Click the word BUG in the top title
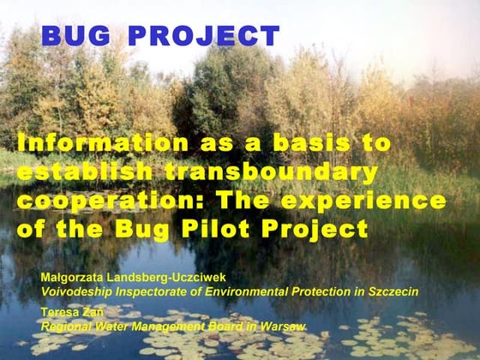click(x=76, y=36)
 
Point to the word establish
click(x=82, y=172)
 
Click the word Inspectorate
click(x=151, y=292)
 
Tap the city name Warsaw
click(x=286, y=327)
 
